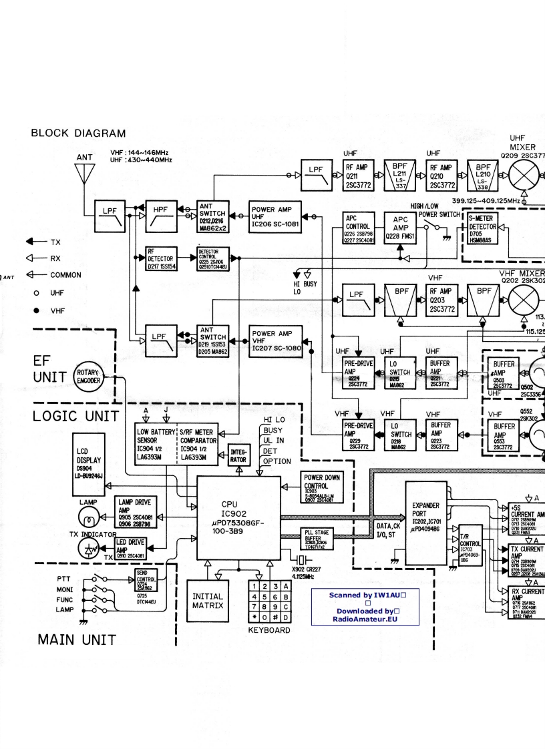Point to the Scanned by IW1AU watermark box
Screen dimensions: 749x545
coord(365,606)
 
